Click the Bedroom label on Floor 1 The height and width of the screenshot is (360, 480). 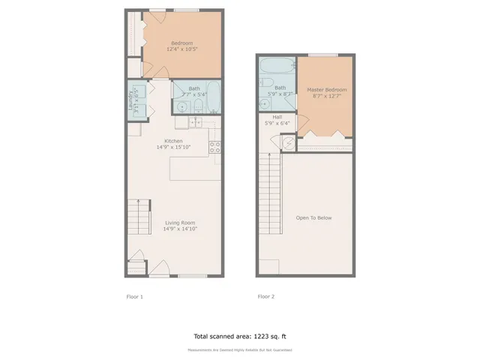182,43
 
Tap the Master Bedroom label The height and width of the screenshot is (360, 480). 326,90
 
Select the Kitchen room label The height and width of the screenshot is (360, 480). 174,141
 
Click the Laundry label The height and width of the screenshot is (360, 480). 130,100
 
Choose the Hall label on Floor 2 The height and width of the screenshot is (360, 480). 277,117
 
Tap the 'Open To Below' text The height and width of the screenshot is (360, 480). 313,218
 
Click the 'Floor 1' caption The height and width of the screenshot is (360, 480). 134,296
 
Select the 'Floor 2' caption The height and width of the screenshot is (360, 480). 265,296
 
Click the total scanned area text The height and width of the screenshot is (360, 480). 239,337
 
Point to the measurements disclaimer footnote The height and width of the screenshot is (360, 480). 239,350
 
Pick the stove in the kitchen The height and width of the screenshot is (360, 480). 214,147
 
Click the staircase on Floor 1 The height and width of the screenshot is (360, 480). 138,217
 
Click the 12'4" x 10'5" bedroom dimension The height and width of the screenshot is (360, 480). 182,50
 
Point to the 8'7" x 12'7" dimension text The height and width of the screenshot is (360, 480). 326,97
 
